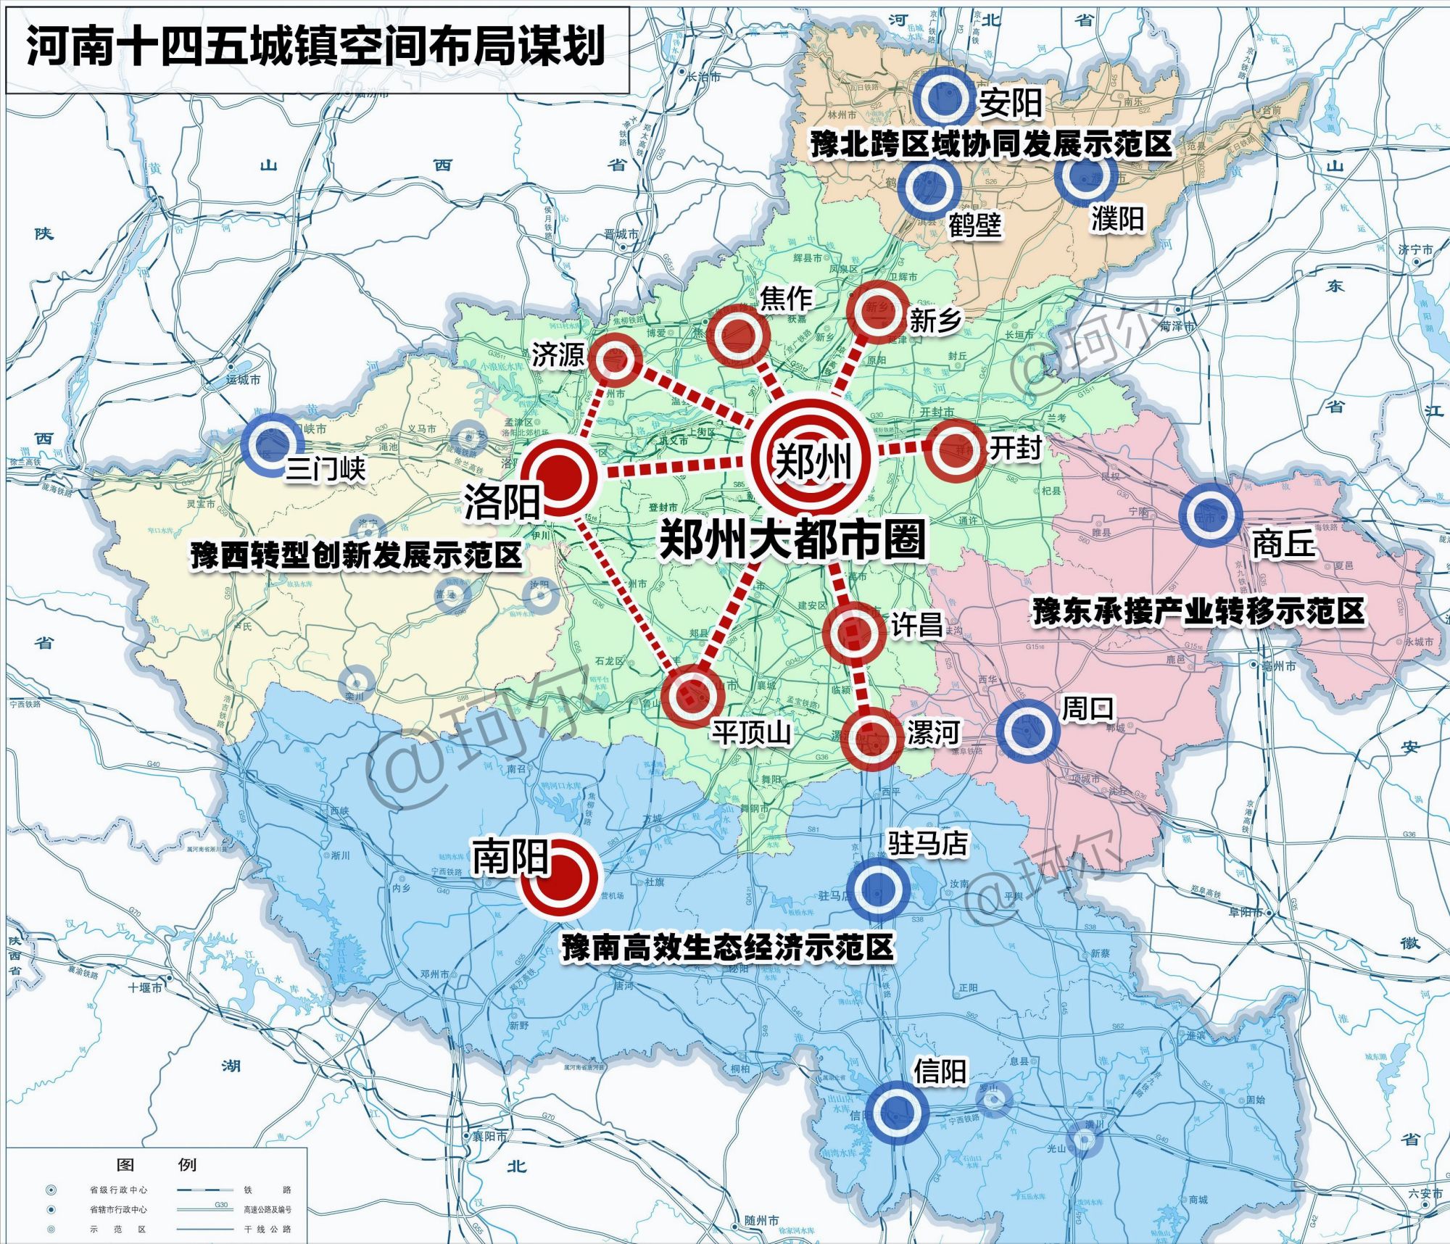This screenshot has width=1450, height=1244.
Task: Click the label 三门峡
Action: click(x=326, y=469)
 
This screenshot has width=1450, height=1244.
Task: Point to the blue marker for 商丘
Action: click(x=1209, y=515)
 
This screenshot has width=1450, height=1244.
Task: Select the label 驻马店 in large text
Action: click(x=927, y=843)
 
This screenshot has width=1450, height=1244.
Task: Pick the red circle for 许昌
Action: click(x=853, y=632)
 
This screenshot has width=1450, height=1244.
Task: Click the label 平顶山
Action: click(x=750, y=732)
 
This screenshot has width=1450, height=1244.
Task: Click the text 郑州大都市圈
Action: click(x=792, y=540)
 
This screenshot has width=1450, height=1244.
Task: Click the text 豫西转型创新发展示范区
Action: click(x=356, y=556)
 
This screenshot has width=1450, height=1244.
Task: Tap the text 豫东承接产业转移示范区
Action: click(x=1198, y=611)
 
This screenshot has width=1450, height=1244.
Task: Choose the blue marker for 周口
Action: click(x=1027, y=730)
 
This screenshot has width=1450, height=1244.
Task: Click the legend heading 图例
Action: click(x=156, y=1164)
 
